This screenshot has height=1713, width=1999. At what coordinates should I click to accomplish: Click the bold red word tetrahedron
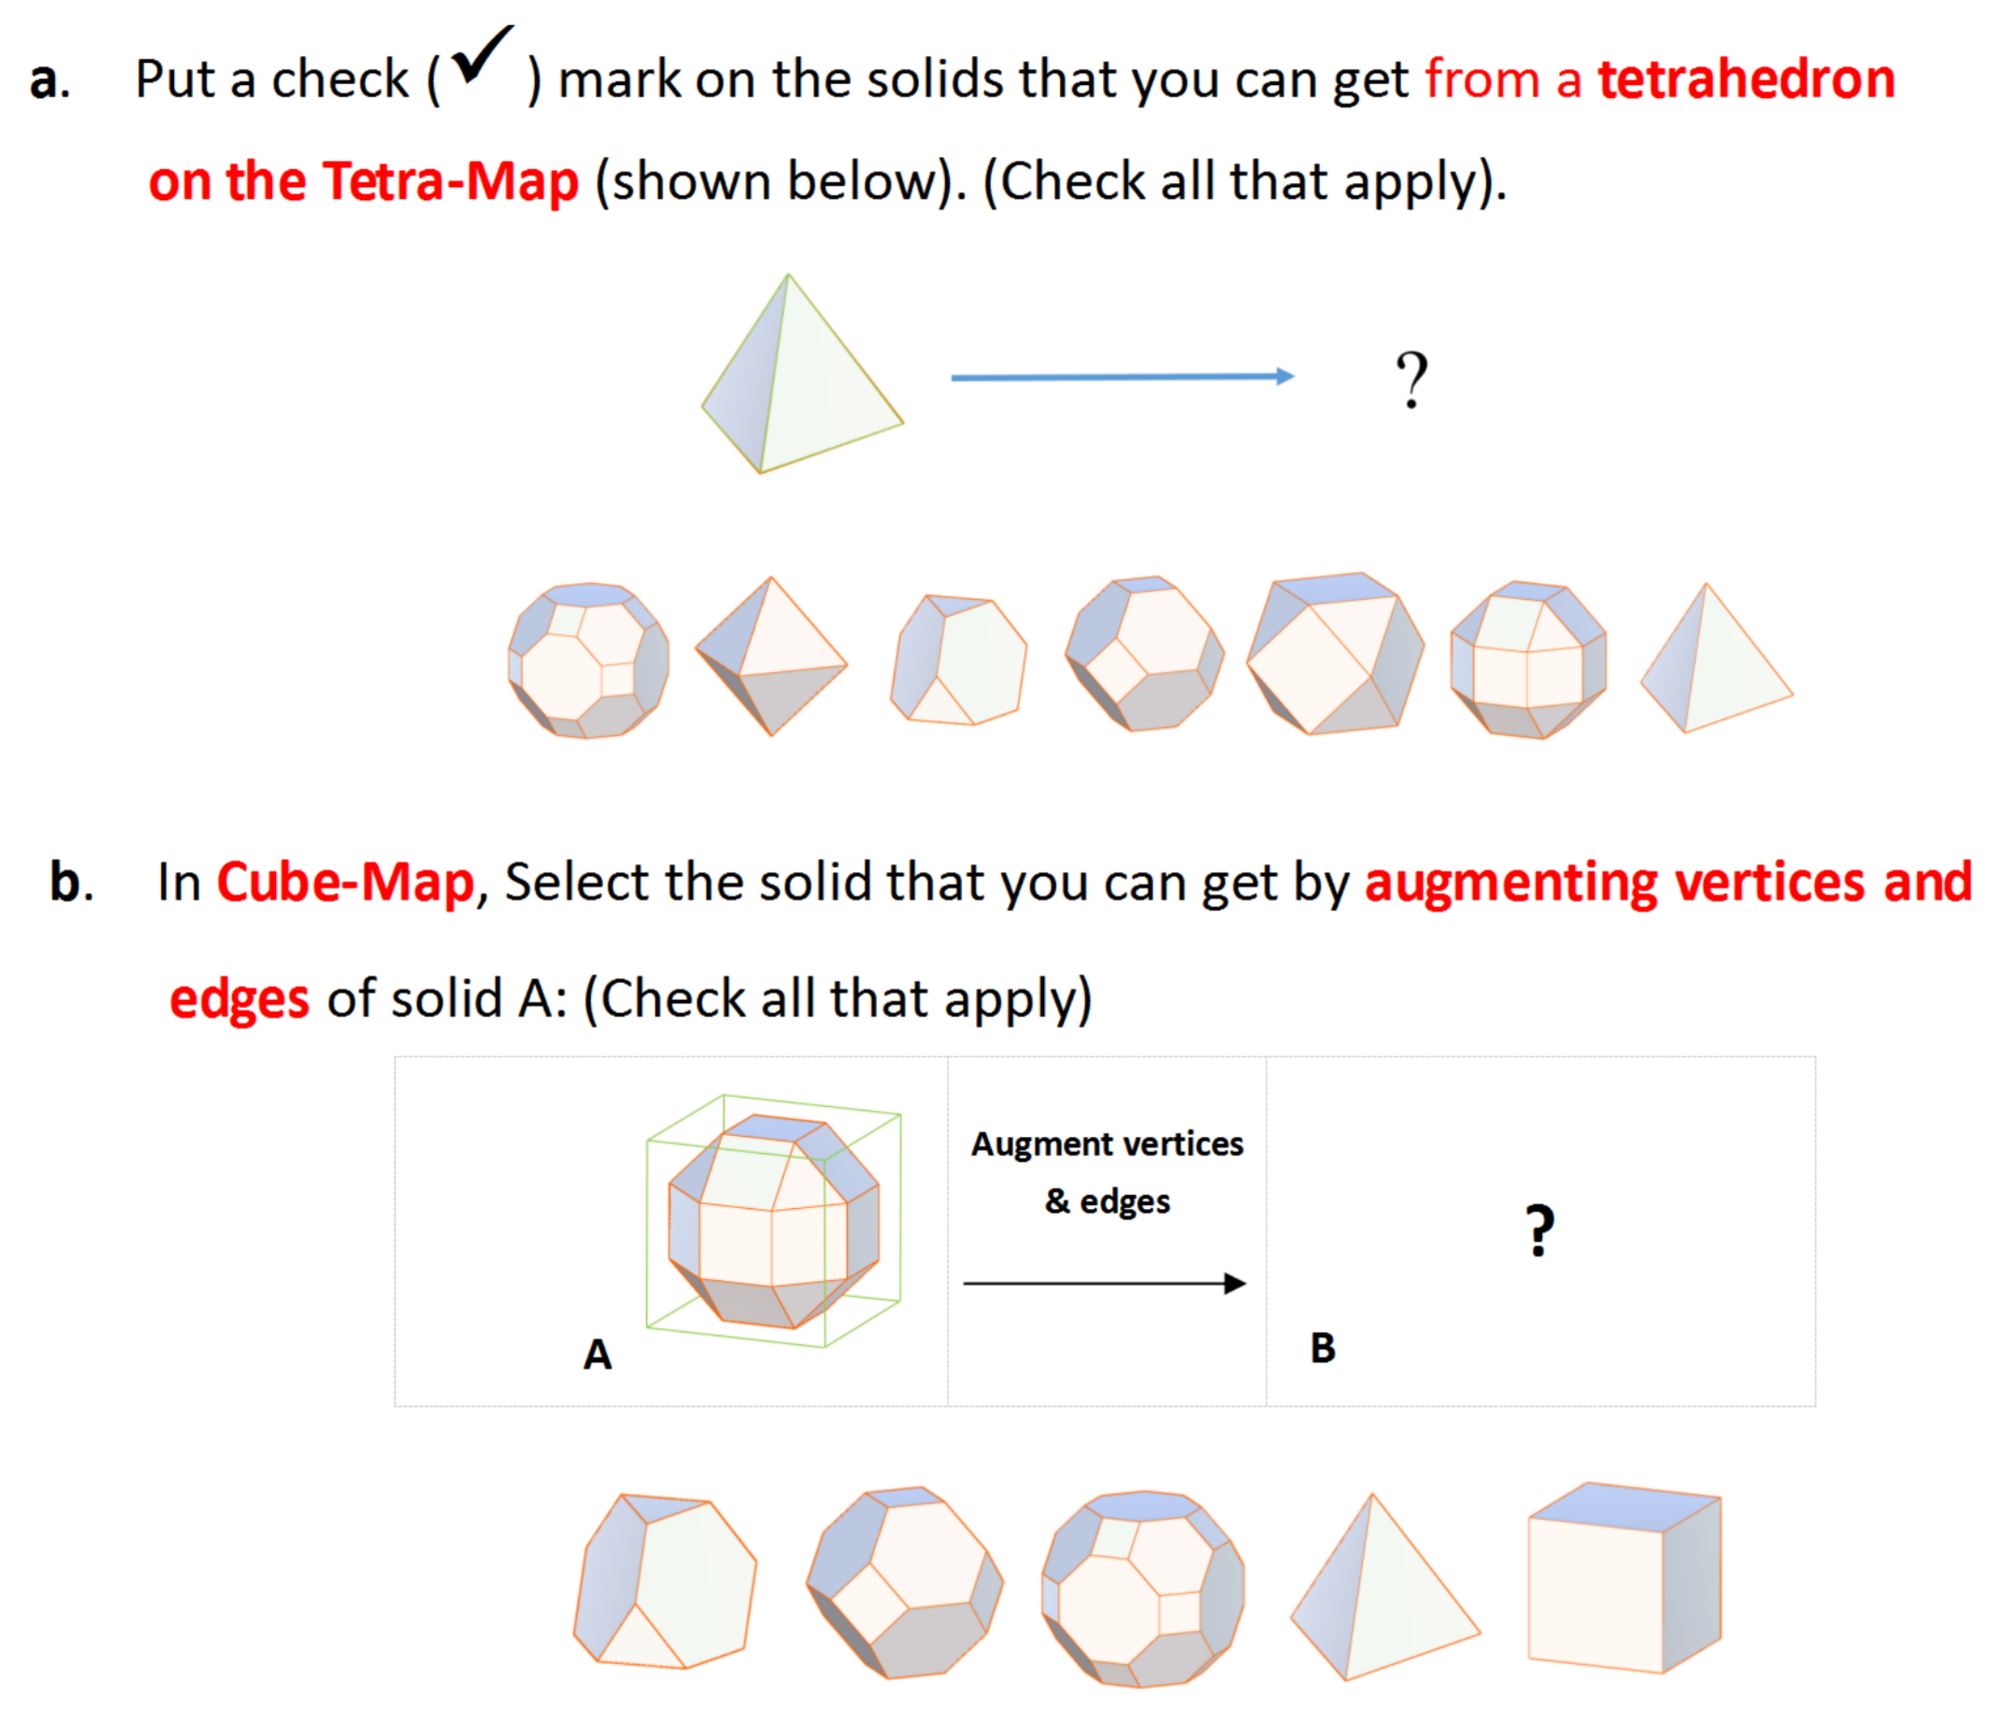click(1746, 79)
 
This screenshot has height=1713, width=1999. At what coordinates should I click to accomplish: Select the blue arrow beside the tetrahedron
click(1123, 376)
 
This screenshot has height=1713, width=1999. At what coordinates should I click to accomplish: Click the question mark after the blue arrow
click(1411, 379)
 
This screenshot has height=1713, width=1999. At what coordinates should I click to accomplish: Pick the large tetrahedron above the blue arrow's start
click(802, 373)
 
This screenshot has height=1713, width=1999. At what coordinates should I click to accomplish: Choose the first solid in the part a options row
click(589, 660)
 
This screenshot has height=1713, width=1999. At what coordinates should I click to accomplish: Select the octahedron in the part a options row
click(771, 656)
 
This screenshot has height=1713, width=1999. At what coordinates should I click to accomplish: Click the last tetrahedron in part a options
click(1716, 658)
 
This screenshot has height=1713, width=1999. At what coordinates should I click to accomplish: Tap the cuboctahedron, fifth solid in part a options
click(1335, 653)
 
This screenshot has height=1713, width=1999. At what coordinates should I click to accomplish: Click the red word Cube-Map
click(346, 882)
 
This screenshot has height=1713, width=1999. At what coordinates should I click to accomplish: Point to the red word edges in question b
click(239, 999)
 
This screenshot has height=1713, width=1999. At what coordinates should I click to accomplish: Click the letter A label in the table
click(597, 1354)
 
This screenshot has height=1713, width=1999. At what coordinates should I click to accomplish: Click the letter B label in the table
click(1323, 1348)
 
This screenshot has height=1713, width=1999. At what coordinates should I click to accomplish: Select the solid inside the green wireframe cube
click(773, 1221)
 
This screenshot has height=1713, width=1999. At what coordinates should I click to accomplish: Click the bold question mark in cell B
click(1541, 1230)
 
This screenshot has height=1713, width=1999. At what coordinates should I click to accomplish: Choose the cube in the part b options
click(1625, 1578)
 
